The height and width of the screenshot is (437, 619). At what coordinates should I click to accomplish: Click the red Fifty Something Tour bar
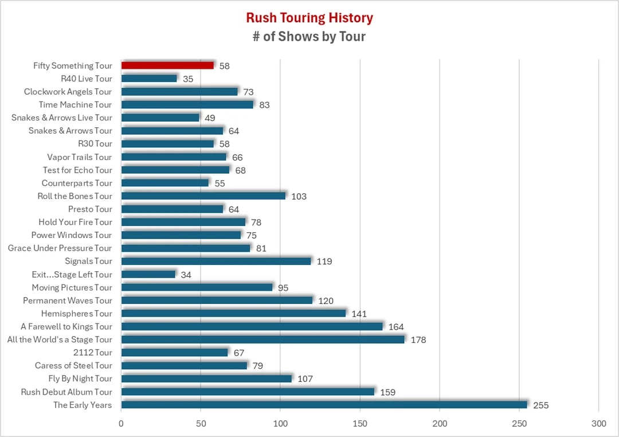pyautogui.click(x=167, y=65)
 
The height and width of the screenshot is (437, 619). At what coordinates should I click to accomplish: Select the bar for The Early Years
pyautogui.click(x=324, y=404)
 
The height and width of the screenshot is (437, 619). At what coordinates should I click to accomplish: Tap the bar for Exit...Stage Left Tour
pyautogui.click(x=148, y=274)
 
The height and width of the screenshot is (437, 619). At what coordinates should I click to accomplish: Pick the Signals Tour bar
pyautogui.click(x=216, y=261)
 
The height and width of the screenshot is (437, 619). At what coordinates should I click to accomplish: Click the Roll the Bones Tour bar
pyautogui.click(x=203, y=196)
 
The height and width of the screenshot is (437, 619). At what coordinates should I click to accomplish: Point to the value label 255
pyautogui.click(x=540, y=405)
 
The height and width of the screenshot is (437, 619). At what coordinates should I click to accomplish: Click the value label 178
pyautogui.click(x=418, y=340)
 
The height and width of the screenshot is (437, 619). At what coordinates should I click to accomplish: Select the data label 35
pyautogui.click(x=187, y=79)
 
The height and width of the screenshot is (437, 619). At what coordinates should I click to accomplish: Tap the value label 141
pyautogui.click(x=359, y=314)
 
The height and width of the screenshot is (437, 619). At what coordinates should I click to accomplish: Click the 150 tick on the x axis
pyautogui.click(x=360, y=424)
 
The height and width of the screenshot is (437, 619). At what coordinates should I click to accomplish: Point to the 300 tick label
pyautogui.click(x=598, y=424)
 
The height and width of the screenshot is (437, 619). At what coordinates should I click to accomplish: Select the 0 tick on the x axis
pyautogui.click(x=121, y=424)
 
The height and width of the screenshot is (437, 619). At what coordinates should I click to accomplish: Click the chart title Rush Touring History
pyautogui.click(x=309, y=18)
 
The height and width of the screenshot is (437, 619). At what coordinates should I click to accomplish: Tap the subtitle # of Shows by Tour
pyautogui.click(x=309, y=37)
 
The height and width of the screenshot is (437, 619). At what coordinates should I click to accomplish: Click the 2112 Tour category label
pyautogui.click(x=92, y=352)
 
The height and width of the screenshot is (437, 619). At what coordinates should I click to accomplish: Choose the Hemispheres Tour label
pyautogui.click(x=76, y=313)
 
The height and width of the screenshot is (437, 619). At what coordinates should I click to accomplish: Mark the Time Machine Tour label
pyautogui.click(x=75, y=104)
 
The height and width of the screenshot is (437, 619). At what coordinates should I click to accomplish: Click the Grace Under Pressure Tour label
pyautogui.click(x=60, y=248)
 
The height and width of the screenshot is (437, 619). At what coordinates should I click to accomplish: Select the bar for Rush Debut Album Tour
pyautogui.click(x=248, y=392)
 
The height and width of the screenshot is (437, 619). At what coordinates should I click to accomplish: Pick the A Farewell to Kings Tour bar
pyautogui.click(x=252, y=326)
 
